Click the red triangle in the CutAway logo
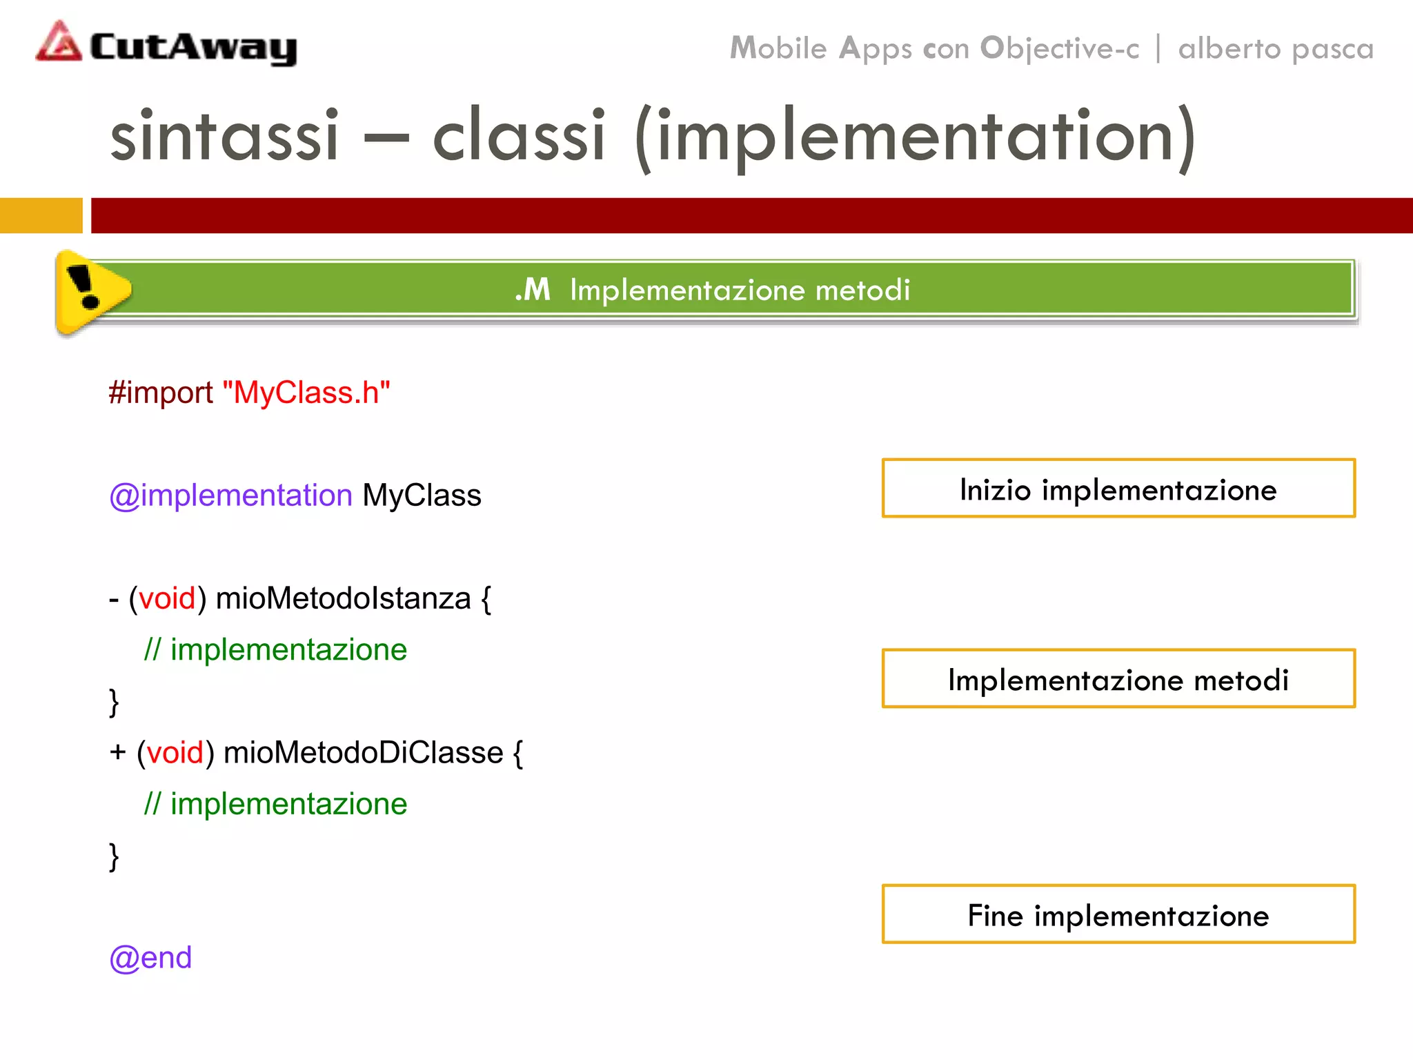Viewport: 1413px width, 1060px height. (x=59, y=43)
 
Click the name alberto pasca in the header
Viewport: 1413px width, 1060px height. (x=1276, y=49)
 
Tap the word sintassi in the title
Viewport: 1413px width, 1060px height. (x=224, y=135)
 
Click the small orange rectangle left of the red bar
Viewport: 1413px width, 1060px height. (x=41, y=215)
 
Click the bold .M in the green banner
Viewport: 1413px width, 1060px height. (x=533, y=290)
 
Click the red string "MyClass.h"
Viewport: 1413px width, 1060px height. (x=306, y=393)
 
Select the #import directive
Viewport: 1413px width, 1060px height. (x=161, y=393)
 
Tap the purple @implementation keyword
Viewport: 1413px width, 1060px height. (x=231, y=495)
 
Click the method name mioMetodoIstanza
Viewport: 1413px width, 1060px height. (x=343, y=598)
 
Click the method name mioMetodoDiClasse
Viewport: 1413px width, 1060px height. (x=363, y=753)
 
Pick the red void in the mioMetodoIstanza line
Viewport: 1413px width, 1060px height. (x=167, y=598)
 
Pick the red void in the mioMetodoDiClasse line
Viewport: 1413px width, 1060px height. (x=175, y=753)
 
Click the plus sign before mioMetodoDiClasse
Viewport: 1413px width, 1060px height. (x=117, y=752)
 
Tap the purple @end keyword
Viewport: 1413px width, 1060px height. (x=150, y=958)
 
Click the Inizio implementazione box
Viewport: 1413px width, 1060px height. (x=1118, y=489)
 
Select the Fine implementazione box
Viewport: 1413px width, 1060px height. (x=1118, y=914)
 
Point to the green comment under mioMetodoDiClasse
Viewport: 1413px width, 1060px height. (x=275, y=804)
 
